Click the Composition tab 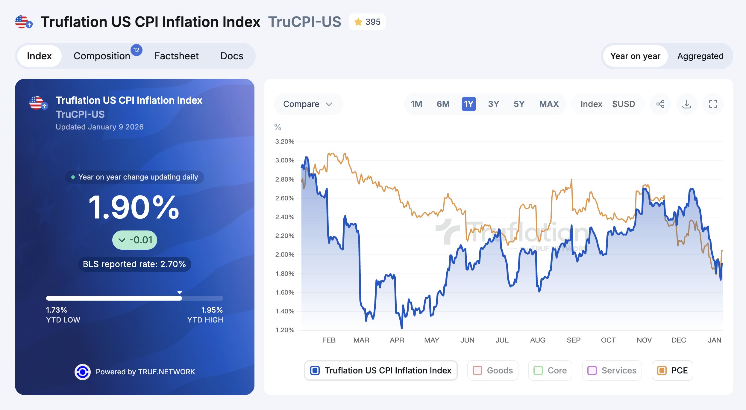tap(102, 56)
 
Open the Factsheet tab tap(176, 56)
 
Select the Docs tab tap(232, 56)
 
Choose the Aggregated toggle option tap(700, 56)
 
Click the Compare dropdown tap(308, 104)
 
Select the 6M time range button tap(443, 104)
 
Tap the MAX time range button tap(549, 104)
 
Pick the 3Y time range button tap(493, 104)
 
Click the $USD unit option tap(623, 104)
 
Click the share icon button tap(660, 104)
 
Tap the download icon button tap(686, 104)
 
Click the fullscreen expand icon tap(713, 104)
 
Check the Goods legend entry tap(493, 370)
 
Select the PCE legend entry tap(672, 370)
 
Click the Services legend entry tap(612, 370)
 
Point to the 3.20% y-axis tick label tap(285, 141)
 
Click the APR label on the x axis tap(397, 340)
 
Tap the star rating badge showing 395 tap(367, 22)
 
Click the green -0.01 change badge tap(135, 240)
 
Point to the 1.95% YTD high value tap(212, 310)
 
